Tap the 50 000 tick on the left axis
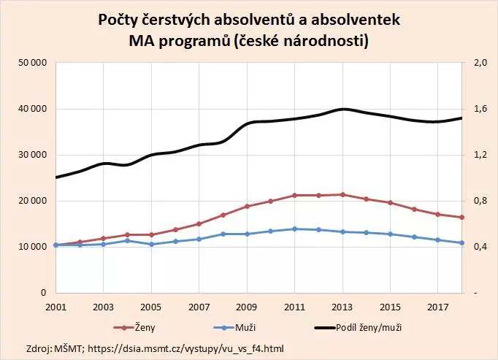(33, 64)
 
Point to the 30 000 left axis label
(33, 156)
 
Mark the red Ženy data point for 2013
(342, 194)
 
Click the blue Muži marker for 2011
(294, 229)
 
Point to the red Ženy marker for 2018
(461, 217)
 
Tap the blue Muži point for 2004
(127, 240)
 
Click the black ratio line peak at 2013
(342, 109)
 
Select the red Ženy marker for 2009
(247, 206)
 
